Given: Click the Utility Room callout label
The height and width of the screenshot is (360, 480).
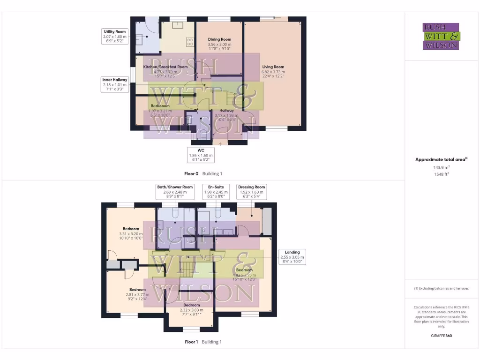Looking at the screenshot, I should tap(115, 36).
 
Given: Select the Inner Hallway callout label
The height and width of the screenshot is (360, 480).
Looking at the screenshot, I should tap(115, 85).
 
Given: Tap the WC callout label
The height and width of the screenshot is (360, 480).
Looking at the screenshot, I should tap(201, 155).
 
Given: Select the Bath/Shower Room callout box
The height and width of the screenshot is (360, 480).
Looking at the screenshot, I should tap(174, 192).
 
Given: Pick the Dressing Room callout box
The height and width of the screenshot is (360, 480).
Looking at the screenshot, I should tap(252, 192).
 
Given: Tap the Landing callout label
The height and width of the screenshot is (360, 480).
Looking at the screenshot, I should tap(292, 257).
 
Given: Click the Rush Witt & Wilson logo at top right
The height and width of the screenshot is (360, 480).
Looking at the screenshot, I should tap(441, 37).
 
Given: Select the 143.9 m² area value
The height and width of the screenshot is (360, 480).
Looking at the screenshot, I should tap(441, 167).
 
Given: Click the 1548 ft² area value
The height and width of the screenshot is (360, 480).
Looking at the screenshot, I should tap(441, 174).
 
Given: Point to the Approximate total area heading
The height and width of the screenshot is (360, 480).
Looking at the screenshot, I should tap(441, 159).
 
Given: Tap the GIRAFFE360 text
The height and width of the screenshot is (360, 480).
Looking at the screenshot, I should tap(441, 336).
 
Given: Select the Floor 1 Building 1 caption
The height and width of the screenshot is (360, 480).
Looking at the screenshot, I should tap(203, 342).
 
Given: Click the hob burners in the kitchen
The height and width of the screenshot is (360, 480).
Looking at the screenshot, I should tap(191, 42).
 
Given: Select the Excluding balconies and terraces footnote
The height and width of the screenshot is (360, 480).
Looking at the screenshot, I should tap(441, 288).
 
